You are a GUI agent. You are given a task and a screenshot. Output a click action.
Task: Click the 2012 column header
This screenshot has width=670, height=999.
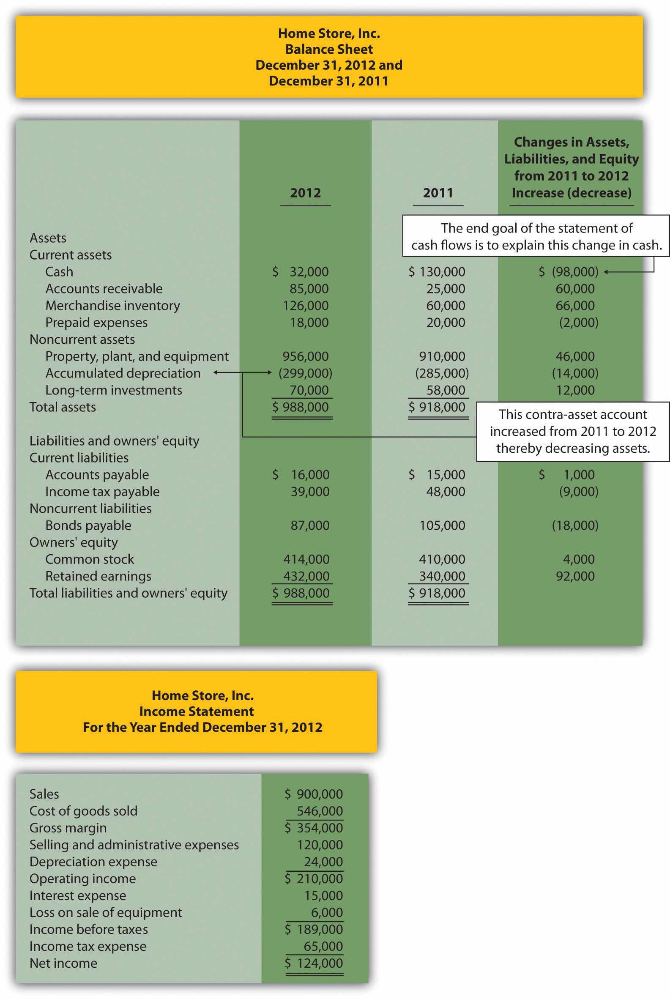pyautogui.click(x=305, y=193)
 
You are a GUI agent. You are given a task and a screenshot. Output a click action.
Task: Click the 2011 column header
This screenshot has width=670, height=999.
pyautogui.click(x=438, y=193)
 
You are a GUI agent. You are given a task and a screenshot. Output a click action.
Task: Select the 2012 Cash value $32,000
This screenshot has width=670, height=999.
pyautogui.click(x=301, y=272)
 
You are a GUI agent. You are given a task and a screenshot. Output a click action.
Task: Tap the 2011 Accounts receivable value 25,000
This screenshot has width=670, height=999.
pyautogui.click(x=446, y=289)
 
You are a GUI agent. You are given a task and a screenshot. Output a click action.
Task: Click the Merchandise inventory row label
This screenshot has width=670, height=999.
pyautogui.click(x=112, y=306)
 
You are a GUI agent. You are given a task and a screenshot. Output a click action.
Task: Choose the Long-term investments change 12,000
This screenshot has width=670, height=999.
pyautogui.click(x=575, y=390)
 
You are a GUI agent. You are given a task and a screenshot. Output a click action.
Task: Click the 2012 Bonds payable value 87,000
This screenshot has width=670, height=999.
pyautogui.click(x=310, y=526)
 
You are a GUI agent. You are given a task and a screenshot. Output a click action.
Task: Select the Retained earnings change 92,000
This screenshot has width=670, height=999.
pyautogui.click(x=575, y=576)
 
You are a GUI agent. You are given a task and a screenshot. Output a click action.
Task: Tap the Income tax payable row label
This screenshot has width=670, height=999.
pyautogui.click(x=102, y=492)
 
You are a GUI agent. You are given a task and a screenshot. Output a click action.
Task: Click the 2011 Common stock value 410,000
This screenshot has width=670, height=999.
pyautogui.click(x=442, y=559)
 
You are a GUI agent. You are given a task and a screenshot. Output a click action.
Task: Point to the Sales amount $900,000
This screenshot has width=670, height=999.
pyautogui.click(x=314, y=794)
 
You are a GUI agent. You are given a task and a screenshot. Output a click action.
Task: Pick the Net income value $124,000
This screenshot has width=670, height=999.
pyautogui.click(x=314, y=963)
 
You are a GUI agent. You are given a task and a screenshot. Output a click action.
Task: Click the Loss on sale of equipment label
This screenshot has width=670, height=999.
pyautogui.click(x=106, y=913)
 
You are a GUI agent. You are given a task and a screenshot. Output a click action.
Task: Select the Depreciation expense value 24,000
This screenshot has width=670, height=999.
pyautogui.click(x=323, y=862)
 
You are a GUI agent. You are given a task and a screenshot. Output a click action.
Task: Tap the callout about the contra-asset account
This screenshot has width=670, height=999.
pyautogui.click(x=573, y=432)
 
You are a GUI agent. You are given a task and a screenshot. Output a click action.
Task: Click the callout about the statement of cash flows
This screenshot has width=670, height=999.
pyautogui.click(x=536, y=236)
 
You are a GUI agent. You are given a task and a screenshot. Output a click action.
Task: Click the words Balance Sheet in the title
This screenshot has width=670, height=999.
pyautogui.click(x=329, y=49)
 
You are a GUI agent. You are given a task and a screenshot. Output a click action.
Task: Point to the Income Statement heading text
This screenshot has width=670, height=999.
pyautogui.click(x=196, y=712)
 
